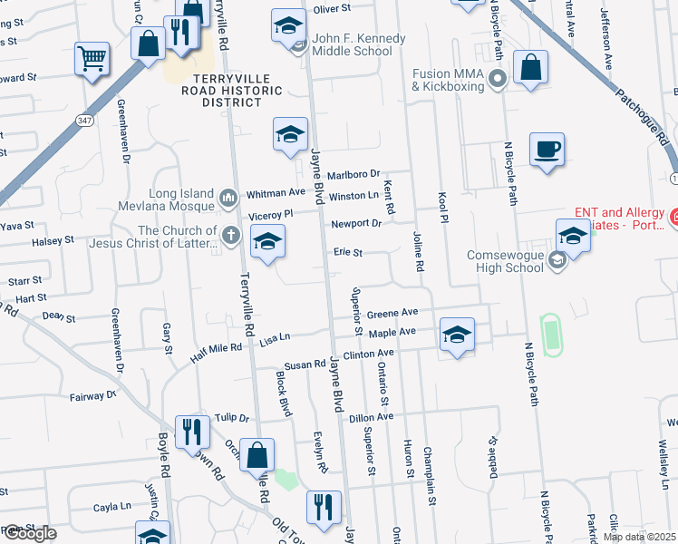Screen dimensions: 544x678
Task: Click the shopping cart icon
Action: pos(92,60)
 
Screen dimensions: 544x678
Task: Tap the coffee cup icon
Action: pos(547,150)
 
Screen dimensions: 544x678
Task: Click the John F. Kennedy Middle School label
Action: pos(358,45)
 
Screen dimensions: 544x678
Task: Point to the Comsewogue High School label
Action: pos(505,261)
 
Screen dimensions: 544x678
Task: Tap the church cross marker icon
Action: pos(231,237)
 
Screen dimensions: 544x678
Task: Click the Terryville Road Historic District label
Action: pos(231,91)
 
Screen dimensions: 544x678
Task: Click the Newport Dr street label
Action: pos(356,223)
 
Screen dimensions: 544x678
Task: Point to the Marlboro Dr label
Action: pos(353,175)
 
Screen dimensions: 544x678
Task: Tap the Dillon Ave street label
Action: pos(372,416)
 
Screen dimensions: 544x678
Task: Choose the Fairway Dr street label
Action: pos(94,396)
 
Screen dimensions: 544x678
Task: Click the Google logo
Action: pos(29,533)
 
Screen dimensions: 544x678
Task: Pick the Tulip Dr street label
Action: pos(232,418)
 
